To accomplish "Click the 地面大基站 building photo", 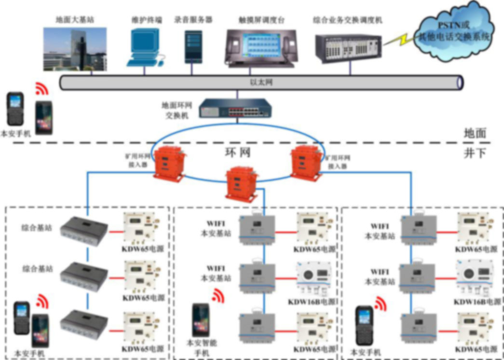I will (x=75, y=49).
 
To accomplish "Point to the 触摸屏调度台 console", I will (x=261, y=47).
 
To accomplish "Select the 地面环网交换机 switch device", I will (x=234, y=108).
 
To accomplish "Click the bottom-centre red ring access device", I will (x=240, y=182).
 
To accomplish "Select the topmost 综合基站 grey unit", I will (x=86, y=226).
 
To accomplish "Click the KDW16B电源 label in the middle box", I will (x=311, y=302).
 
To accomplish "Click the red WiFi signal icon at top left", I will (x=42, y=89).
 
